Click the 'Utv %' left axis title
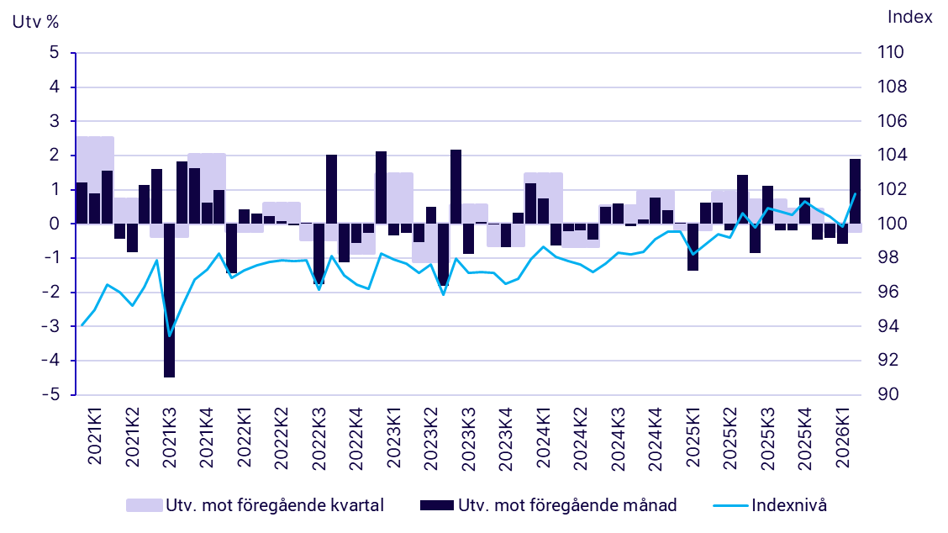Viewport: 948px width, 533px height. [34, 22]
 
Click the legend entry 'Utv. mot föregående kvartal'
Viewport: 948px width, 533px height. [255, 505]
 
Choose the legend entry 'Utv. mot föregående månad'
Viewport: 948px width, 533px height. [548, 505]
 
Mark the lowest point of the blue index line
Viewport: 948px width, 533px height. [170, 336]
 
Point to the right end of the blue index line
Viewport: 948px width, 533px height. [855, 194]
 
